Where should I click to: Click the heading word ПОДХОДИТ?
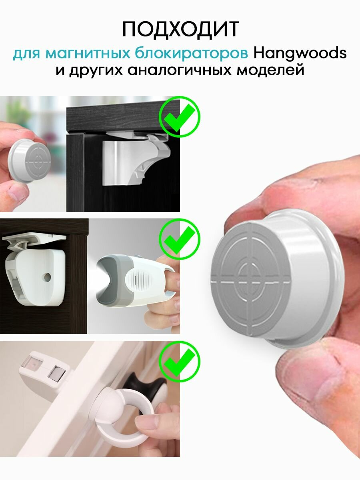click(x=180, y=29)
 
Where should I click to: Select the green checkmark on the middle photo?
click(x=180, y=239)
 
